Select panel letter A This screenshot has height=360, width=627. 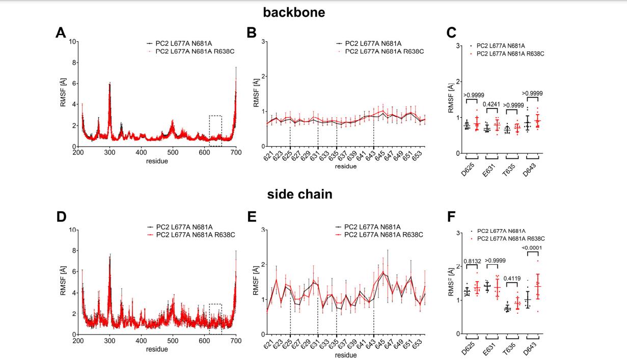(x=61, y=33)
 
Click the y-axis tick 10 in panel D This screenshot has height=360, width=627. (x=73, y=230)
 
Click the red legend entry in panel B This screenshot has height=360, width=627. (x=384, y=51)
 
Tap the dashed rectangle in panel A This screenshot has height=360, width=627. (x=215, y=131)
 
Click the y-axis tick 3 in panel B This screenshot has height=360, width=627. (x=263, y=41)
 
